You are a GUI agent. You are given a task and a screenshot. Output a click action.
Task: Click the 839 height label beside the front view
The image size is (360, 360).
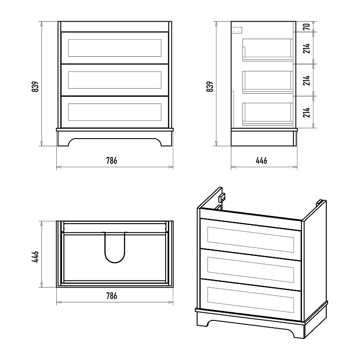coord(35,86)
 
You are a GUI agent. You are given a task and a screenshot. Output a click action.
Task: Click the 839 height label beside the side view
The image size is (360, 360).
coord(210,86)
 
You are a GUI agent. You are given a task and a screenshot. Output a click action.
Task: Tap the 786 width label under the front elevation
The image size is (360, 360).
coord(112,161)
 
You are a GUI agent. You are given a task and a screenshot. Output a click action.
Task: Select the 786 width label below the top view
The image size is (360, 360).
coord(112,296)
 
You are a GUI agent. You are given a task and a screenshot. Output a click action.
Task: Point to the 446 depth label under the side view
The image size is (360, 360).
coord(261,161)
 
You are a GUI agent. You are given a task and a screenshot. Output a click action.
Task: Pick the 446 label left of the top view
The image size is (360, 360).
coord(35,256)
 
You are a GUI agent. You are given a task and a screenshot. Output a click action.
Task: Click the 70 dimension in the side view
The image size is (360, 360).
coord(306,27)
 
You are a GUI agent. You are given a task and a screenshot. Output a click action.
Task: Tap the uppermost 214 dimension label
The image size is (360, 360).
coord(306,48)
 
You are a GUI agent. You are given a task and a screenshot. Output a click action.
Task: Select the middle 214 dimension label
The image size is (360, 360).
coord(306,80)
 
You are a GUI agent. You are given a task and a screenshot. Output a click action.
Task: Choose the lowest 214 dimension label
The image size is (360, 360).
coord(306,112)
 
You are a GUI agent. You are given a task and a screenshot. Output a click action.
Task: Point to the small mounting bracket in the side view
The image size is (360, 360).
coord(237,30)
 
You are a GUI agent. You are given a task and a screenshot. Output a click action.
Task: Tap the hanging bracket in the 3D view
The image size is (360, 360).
coord(221,198)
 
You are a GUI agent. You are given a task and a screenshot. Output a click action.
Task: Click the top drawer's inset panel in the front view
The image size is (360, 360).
coord(115,48)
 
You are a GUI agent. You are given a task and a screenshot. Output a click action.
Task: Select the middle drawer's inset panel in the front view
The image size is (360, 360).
coord(115,80)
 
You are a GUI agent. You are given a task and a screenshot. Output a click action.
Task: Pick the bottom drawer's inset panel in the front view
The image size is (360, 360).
coord(115,112)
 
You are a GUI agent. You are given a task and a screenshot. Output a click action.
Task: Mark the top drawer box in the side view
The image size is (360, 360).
coord(268,49)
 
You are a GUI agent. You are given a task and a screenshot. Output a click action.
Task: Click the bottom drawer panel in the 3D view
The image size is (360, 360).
coord(251,300)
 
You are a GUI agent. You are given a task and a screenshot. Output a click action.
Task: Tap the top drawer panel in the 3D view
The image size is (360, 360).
coord(251,239)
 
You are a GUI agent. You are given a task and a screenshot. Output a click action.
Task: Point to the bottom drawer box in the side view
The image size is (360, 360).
coord(268,113)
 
